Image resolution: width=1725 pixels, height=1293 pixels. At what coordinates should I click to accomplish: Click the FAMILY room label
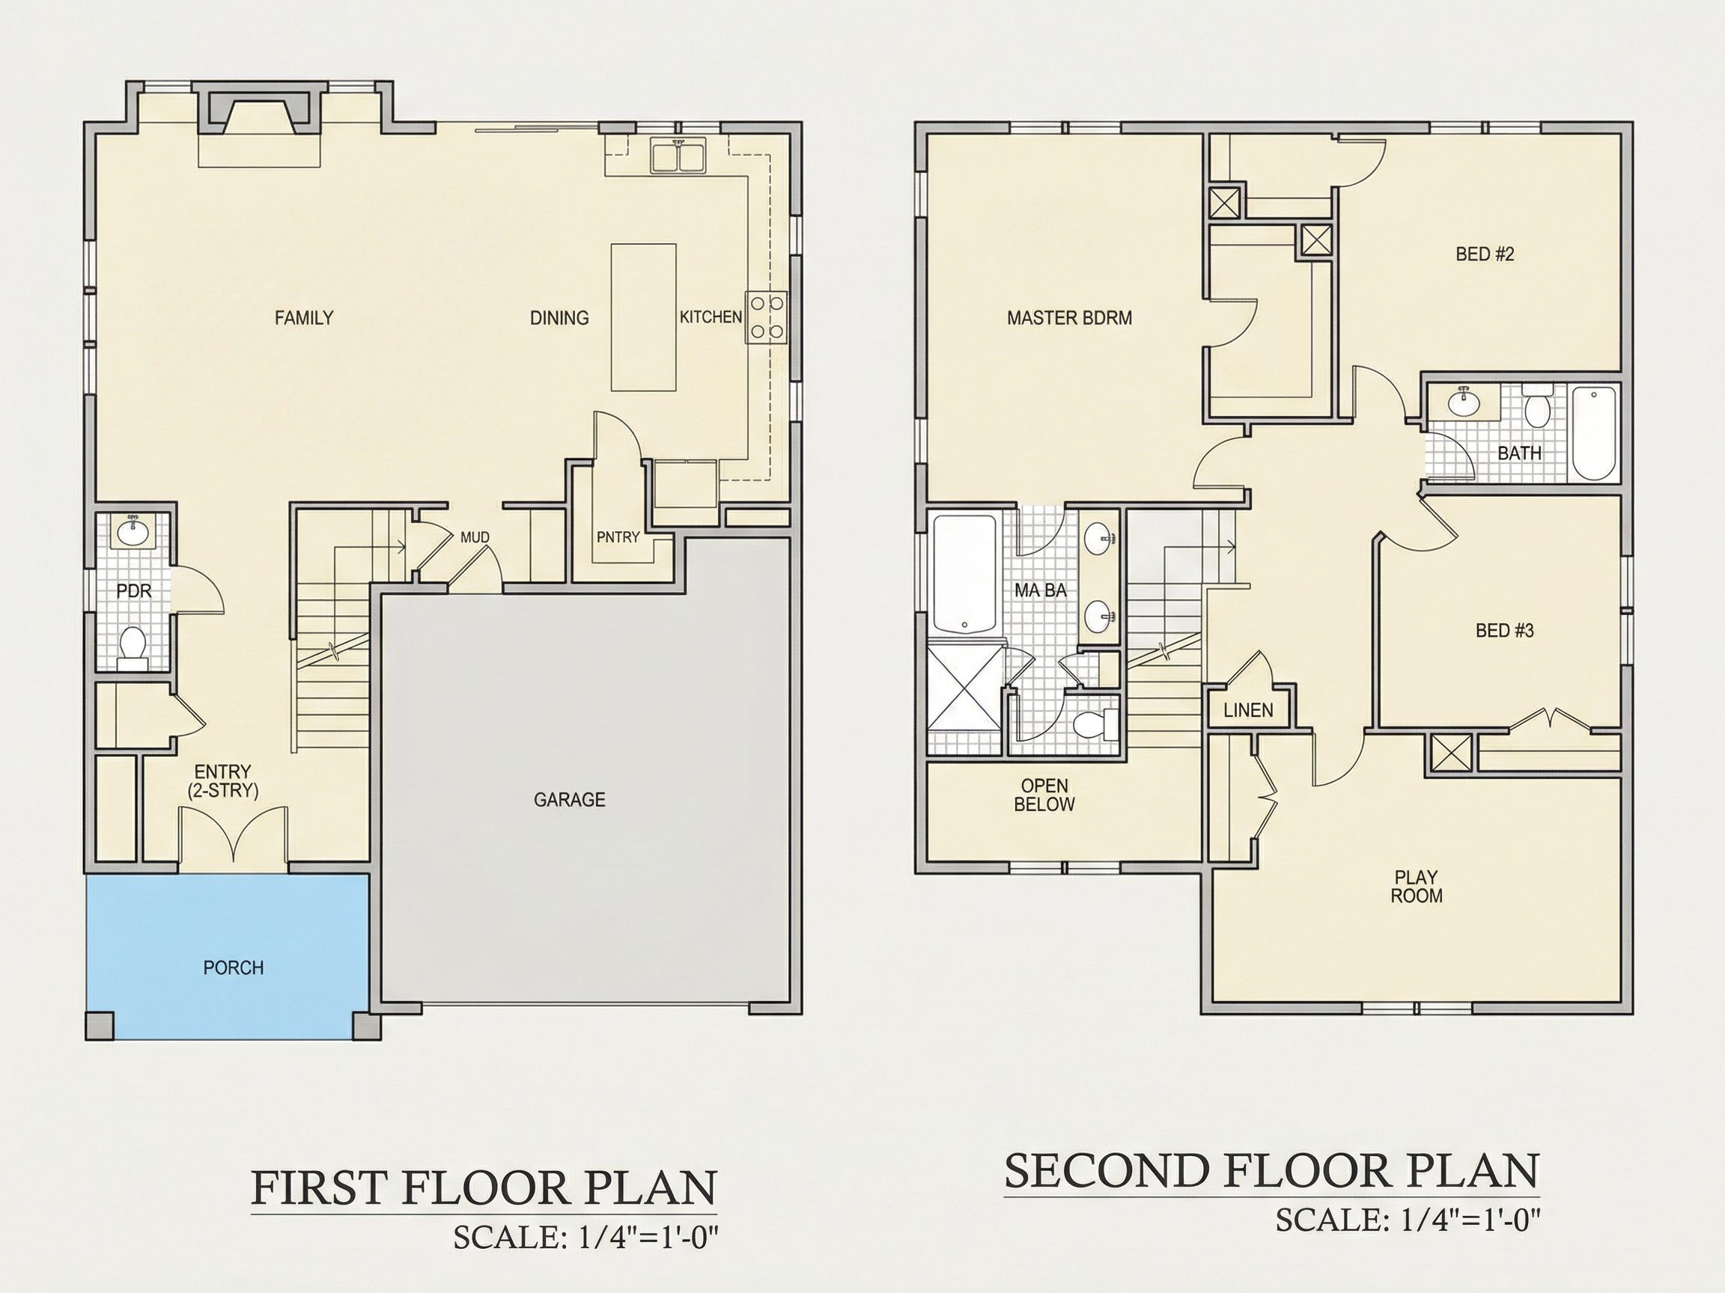pos(304,318)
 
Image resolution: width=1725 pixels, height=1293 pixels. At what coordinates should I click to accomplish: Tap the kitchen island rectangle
pos(643,317)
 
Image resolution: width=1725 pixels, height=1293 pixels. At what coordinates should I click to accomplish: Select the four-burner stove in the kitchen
pos(766,317)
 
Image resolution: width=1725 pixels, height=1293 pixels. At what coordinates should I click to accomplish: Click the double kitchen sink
pos(678,155)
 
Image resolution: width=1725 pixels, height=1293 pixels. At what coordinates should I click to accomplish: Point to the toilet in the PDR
pos(133,649)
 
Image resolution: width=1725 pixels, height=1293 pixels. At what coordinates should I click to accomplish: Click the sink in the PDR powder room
pos(133,533)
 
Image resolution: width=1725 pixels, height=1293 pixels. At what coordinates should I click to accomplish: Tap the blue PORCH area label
pos(233,968)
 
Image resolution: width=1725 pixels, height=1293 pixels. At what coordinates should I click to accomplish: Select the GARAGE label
pos(569,800)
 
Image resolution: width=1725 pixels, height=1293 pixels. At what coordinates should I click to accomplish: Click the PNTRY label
pos(618,537)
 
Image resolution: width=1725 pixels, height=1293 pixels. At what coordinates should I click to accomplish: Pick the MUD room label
pos(475,537)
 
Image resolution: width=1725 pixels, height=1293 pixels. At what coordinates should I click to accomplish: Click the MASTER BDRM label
pos(1069,318)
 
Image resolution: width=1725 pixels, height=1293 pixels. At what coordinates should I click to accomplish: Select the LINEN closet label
pos(1249,710)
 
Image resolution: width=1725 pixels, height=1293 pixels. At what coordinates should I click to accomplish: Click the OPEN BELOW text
pos(1044,795)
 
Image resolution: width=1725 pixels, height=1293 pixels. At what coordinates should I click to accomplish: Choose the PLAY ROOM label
pos(1417,887)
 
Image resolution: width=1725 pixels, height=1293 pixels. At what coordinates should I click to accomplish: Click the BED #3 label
pos(1504,631)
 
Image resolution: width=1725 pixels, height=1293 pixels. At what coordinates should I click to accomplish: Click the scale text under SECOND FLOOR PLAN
pos(1408,1241)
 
